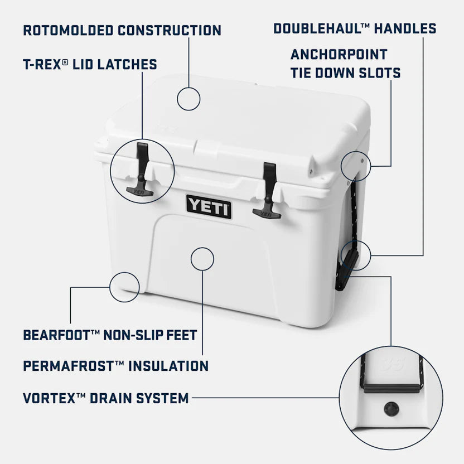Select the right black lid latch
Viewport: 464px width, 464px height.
tap(268, 190)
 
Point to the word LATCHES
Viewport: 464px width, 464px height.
tap(127, 64)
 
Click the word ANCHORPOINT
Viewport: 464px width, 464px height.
tap(339, 55)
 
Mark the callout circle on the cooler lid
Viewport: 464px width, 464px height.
tap(188, 98)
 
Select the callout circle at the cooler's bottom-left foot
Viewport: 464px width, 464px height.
tap(124, 287)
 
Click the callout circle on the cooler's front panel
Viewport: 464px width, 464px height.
tap(202, 259)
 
